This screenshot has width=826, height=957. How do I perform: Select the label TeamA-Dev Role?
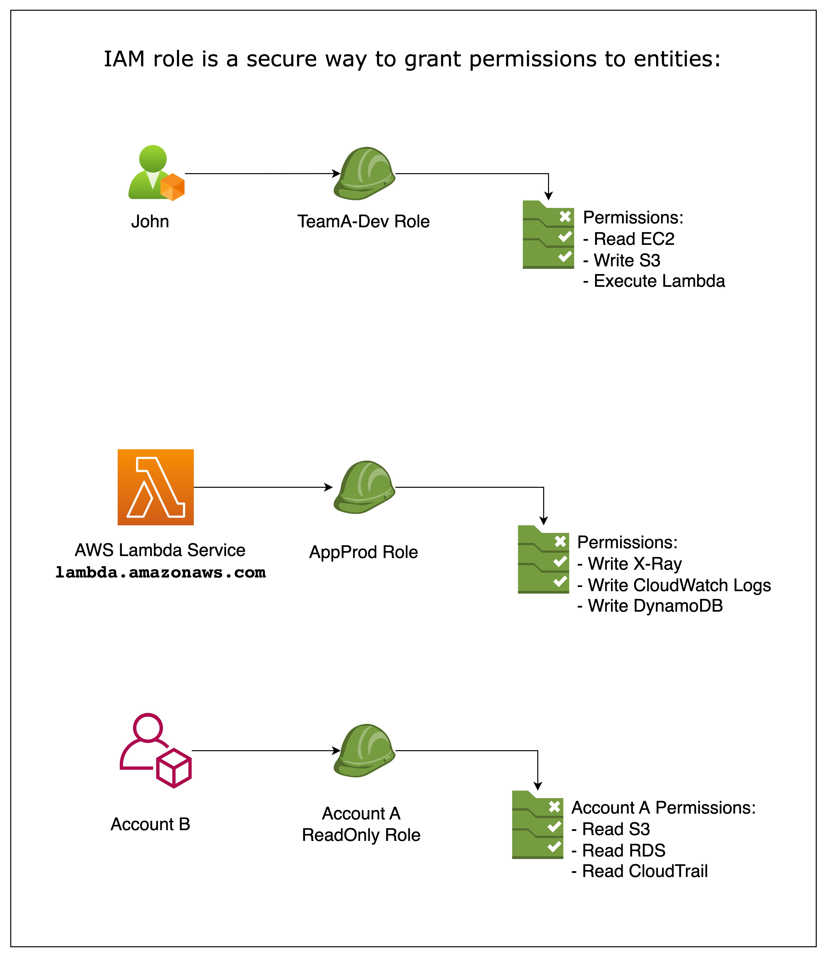click(x=363, y=222)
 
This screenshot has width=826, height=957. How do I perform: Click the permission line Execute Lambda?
click(x=654, y=281)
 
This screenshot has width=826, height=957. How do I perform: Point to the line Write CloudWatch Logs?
click(x=674, y=585)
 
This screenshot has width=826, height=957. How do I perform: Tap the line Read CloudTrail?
click(x=640, y=871)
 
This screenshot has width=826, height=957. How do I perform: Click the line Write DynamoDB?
click(x=650, y=606)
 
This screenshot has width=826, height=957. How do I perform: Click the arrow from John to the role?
click(x=261, y=174)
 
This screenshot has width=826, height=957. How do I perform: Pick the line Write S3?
click(x=622, y=260)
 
